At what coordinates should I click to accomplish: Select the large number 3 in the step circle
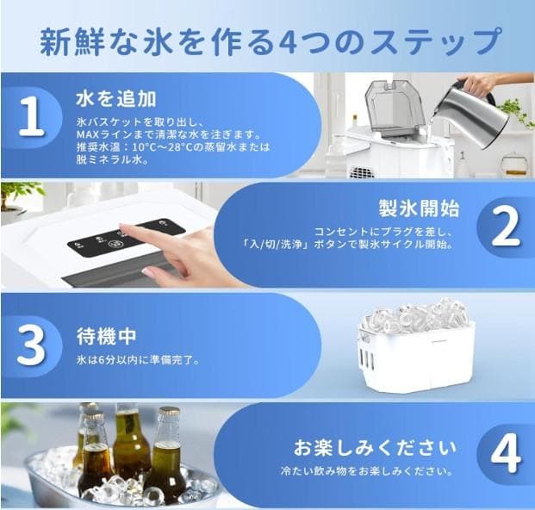coord(31,345)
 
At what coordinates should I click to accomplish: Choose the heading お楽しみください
coord(375,449)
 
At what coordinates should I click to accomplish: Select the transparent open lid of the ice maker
coord(392,105)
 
